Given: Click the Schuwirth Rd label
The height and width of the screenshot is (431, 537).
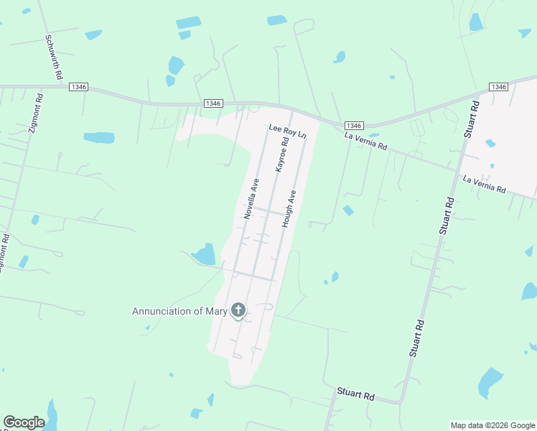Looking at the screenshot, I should coord(54,57).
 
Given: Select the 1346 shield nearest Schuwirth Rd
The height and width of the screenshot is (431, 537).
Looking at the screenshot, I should coord(79,87).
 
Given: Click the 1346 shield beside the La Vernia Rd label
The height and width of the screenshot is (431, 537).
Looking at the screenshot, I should coord(353,125).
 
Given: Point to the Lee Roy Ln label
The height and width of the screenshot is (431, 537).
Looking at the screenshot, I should coord(287,131).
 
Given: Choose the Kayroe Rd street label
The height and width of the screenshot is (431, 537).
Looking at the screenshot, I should coord(281,154).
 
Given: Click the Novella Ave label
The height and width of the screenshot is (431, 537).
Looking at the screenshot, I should coord(251,198).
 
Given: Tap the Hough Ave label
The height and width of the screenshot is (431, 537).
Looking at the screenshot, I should coord(289,208).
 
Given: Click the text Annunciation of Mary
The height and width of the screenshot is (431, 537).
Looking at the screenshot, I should coord(179,311).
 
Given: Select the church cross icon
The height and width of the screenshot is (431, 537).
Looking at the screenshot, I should coord(238,311).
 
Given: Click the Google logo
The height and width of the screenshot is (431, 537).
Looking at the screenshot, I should coord(24,422).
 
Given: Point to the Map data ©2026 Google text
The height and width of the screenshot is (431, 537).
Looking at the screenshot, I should coord(492,425).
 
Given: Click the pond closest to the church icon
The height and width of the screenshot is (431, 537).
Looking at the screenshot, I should coord(205,254).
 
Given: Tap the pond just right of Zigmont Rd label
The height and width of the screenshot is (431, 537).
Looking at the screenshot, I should coord(99,137).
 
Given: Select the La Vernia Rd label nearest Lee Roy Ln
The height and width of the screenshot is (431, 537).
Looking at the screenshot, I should coord(365,141).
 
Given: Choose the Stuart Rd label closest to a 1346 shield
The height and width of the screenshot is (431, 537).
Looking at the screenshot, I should coord(470,119).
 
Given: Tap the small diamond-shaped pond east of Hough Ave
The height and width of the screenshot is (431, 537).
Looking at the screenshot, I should coord(348,210).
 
